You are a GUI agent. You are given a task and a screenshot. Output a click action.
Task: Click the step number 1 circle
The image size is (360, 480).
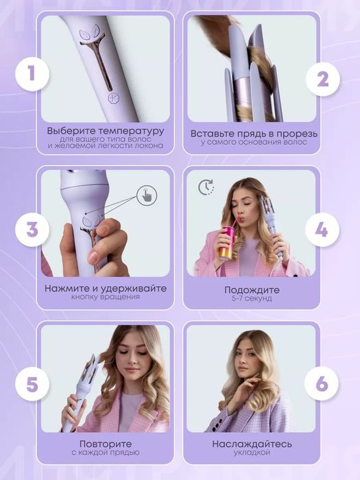click(x=32, y=74)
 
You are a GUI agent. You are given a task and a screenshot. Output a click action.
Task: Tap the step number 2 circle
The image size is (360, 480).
click(x=323, y=80)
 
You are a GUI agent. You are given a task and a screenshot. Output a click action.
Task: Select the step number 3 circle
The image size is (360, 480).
click(x=32, y=230)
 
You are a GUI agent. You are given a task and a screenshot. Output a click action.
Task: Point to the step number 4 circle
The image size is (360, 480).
click(x=322, y=230)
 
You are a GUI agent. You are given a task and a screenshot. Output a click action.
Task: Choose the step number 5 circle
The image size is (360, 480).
click(x=32, y=385)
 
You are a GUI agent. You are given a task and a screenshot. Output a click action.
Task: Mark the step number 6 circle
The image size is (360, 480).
click(x=322, y=383)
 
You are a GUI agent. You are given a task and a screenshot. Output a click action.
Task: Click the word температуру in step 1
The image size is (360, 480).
click(x=131, y=132)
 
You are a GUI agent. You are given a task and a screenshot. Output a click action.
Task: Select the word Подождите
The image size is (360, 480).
click(x=252, y=290)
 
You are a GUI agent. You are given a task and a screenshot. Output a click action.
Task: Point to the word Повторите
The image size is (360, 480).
click(x=106, y=444)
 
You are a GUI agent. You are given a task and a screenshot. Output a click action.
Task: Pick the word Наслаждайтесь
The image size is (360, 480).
click(x=252, y=444)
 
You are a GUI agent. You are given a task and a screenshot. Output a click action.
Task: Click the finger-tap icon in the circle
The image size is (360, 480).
click(x=147, y=195)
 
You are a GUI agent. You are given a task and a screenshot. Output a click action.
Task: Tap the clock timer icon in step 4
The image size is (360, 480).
click(x=206, y=188)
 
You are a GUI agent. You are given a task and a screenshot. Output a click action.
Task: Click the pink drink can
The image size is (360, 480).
click(x=228, y=243)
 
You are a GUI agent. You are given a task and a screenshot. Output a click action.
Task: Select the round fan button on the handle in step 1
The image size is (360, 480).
click(x=114, y=98)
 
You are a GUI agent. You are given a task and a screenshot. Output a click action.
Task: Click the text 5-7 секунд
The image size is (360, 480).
click(x=252, y=298)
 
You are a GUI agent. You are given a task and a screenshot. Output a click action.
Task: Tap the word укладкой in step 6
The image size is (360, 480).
click(x=252, y=453)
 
